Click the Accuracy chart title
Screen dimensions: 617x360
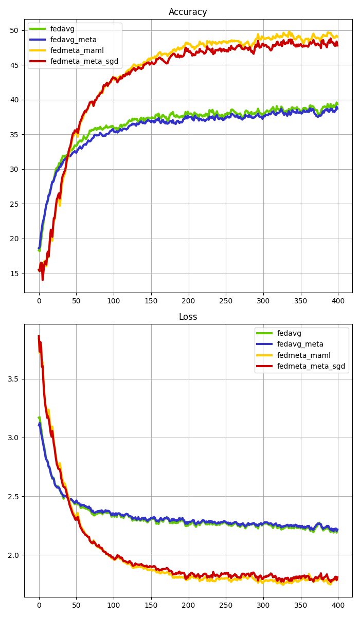(x=188, y=12)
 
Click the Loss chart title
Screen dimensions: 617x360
(x=188, y=317)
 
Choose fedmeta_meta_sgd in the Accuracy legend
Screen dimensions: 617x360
(x=84, y=62)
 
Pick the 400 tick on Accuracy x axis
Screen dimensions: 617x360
(x=338, y=300)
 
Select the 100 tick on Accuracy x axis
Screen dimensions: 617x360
(x=114, y=300)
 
